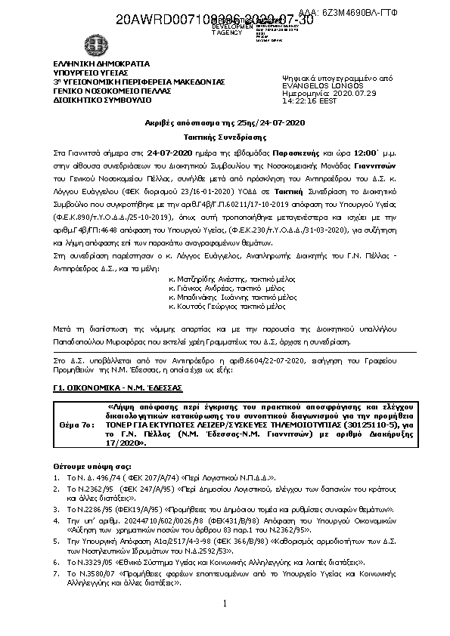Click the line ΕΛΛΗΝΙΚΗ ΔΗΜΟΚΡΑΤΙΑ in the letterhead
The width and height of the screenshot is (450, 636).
pos(91,64)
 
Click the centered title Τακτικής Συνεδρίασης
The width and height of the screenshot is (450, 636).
pos(225,140)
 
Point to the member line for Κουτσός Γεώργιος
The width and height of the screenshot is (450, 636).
pos(216,307)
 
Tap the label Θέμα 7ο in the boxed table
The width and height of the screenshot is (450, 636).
pos(76,425)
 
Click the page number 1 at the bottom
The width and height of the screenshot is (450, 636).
pos(225,604)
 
